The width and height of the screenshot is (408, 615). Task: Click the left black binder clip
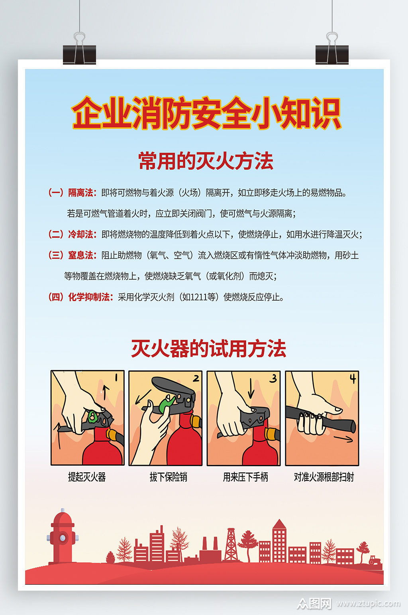tap(79, 54)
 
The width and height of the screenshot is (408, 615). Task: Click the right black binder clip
tap(332, 54)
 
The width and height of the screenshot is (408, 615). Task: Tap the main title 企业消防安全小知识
tap(206, 114)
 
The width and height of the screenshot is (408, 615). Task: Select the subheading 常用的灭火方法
tap(206, 161)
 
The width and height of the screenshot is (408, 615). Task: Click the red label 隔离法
tap(81, 193)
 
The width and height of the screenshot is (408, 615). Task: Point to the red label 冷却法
tap(81, 235)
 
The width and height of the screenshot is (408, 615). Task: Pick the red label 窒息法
tap(81, 255)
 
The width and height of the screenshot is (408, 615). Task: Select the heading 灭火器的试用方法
tap(208, 349)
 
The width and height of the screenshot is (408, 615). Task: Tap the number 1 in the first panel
tap(116, 377)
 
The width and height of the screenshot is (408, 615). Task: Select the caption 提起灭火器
tap(87, 477)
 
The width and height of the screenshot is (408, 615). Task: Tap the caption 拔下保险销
tap(168, 477)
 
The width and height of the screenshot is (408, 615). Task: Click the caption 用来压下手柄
tap(245, 477)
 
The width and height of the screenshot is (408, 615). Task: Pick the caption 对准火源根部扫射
tap(324, 477)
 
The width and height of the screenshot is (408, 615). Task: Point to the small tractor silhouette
tap(375, 560)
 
